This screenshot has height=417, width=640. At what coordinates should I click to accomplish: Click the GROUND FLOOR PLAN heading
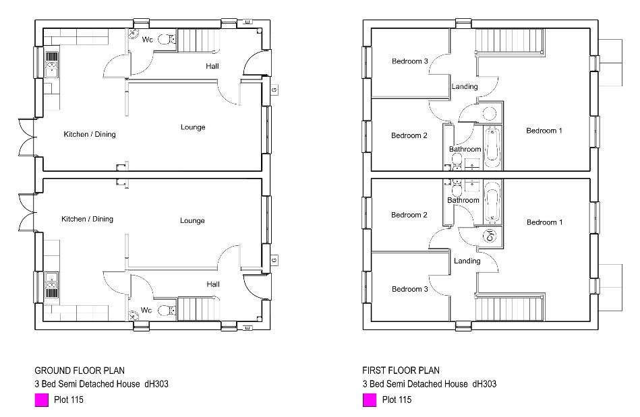(x=80, y=371)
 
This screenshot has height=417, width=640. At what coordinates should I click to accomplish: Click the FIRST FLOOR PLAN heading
(x=401, y=371)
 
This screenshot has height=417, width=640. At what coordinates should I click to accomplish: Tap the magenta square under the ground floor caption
(x=41, y=400)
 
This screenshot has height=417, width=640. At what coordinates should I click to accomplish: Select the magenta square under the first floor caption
(x=370, y=400)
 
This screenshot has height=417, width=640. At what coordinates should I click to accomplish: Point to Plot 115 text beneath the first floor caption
(x=397, y=399)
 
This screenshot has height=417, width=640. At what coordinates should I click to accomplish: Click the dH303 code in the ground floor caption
(x=156, y=383)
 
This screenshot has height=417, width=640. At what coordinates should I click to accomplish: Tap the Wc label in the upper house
(x=147, y=40)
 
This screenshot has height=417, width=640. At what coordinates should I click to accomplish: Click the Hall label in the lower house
(x=213, y=284)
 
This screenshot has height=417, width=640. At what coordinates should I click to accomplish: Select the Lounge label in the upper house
(x=193, y=127)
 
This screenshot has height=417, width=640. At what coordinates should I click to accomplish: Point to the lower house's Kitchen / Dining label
(x=88, y=219)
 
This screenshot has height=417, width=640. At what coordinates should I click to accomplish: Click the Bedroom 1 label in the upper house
(x=544, y=131)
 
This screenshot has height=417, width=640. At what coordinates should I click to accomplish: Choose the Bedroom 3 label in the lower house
(x=410, y=289)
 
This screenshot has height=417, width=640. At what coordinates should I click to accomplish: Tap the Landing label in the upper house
(x=465, y=86)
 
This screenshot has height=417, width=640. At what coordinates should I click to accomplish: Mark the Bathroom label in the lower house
(x=463, y=200)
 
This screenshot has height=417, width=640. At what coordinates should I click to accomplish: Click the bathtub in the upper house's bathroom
(x=492, y=147)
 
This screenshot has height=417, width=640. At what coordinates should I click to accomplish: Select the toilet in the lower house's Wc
(x=167, y=311)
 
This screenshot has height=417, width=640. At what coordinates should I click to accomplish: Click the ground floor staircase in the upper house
(x=199, y=40)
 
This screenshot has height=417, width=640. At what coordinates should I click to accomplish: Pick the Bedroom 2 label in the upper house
(x=409, y=135)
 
